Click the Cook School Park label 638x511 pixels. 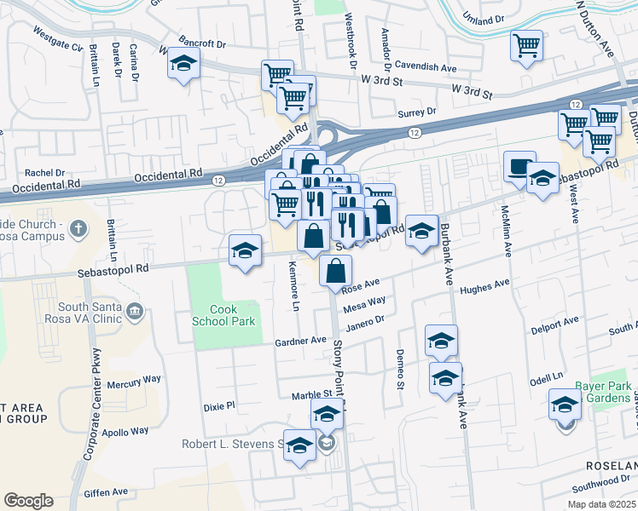(x=229, y=315)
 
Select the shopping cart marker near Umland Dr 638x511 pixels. (x=527, y=46)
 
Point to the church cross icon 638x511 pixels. (x=78, y=228)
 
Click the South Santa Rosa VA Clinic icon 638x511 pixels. (x=134, y=313)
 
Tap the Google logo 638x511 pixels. (x=28, y=501)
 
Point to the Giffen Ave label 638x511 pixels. (x=106, y=492)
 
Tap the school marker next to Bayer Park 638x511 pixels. (x=565, y=405)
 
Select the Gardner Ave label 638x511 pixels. (x=301, y=340)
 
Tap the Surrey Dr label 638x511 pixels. (x=417, y=112)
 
